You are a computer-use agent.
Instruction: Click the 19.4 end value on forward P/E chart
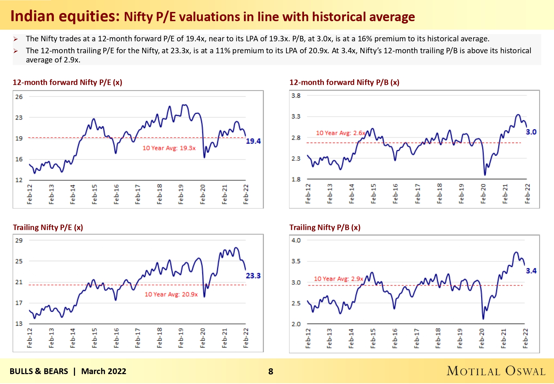pos(253,141)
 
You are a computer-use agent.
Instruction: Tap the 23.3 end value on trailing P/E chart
pos(253,276)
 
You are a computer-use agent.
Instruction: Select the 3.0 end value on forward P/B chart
pos(531,132)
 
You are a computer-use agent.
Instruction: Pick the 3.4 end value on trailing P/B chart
pos(531,271)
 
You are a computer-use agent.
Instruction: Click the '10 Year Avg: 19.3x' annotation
pos(169,148)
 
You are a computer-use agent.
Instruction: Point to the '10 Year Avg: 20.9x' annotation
pos(171,294)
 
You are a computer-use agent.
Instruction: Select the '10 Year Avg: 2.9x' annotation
pos(339,279)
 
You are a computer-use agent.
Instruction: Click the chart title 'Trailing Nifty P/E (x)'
pos(48,227)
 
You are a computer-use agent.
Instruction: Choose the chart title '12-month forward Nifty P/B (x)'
pos(344,82)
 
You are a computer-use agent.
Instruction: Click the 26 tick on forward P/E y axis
pos(19,97)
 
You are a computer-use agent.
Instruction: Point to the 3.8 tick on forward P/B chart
pos(296,96)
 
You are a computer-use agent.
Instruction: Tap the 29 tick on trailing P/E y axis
pos(19,241)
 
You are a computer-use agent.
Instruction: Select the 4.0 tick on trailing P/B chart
pos(296,241)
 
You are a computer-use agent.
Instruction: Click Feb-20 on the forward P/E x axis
pos(203,194)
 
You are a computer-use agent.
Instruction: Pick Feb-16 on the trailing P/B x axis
pos(395,338)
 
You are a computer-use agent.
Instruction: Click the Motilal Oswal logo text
pos(496,371)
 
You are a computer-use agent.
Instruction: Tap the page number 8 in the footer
pos(271,371)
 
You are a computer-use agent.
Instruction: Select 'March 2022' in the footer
pos(104,371)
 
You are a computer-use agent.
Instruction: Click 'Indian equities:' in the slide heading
pos(65,16)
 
